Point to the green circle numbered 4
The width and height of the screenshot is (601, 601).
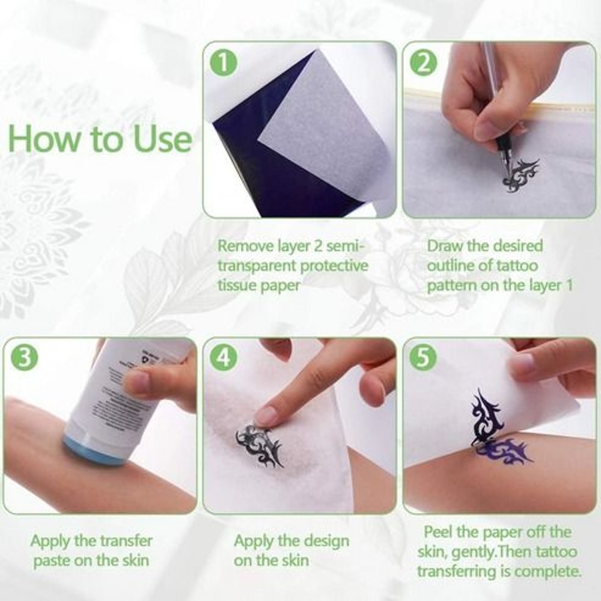point(223,358)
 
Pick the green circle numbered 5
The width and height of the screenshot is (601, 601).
point(424,358)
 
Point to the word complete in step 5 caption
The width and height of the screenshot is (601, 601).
point(547,570)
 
